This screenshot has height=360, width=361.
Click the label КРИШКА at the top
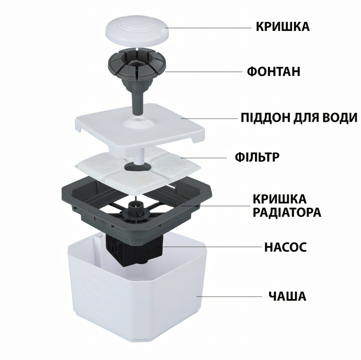pyautogui.click(x=283, y=26)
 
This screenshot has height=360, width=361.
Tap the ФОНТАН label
pyautogui.click(x=274, y=72)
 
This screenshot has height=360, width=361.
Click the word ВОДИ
pyautogui.click(x=340, y=118)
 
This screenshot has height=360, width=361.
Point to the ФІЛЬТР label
pyautogui.click(x=257, y=157)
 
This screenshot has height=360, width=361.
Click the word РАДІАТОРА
pyautogui.click(x=287, y=212)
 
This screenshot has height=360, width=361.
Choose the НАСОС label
pyautogui.click(x=285, y=247)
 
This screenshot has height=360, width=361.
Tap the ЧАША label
pyautogui.click(x=287, y=296)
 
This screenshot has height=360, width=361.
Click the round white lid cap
pyautogui.click(x=137, y=31)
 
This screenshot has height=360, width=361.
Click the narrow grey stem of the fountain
pyautogui.click(x=138, y=103)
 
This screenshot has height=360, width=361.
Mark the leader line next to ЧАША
pyautogui.click(x=229, y=296)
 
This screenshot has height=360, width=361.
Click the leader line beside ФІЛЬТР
pyautogui.click(x=204, y=158)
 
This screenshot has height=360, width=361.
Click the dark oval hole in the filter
pyautogui.click(x=138, y=167)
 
